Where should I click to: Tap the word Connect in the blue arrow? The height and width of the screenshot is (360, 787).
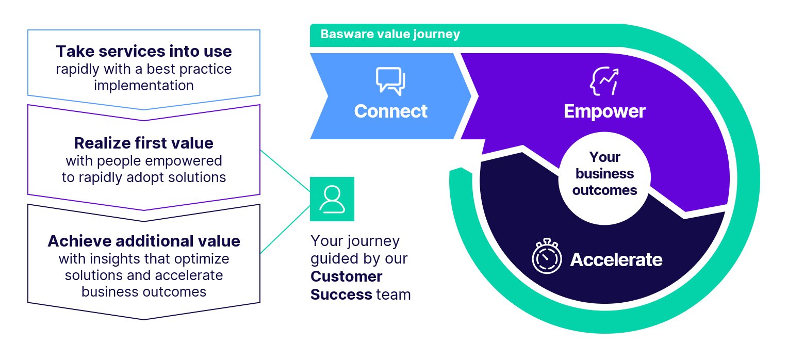pyautogui.click(x=390, y=111)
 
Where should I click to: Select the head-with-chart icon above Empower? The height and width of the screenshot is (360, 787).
pyautogui.click(x=604, y=81)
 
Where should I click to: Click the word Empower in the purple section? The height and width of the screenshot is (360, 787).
pyautogui.click(x=604, y=111)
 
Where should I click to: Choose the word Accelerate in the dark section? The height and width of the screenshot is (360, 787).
pyautogui.click(x=616, y=259)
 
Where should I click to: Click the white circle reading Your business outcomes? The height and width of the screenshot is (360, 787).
pyautogui.click(x=605, y=173)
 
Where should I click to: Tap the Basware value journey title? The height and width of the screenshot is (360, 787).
pyautogui.click(x=390, y=35)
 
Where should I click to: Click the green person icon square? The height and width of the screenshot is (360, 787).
pyautogui.click(x=332, y=199)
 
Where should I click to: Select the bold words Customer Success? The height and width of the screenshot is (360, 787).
pyautogui.click(x=346, y=285)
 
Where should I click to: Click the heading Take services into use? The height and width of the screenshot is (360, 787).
pyautogui.click(x=144, y=51)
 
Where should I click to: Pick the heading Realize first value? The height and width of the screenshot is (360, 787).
pyautogui.click(x=144, y=142)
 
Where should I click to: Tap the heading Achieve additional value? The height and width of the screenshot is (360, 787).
pyautogui.click(x=144, y=241)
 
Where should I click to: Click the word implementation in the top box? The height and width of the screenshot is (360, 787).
pyautogui.click(x=144, y=85)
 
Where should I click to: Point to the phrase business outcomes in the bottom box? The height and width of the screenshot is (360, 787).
pyautogui.click(x=144, y=291)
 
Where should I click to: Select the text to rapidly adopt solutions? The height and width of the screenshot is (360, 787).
pyautogui.click(x=144, y=177)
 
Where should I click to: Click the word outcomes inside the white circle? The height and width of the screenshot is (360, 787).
pyautogui.click(x=605, y=190)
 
